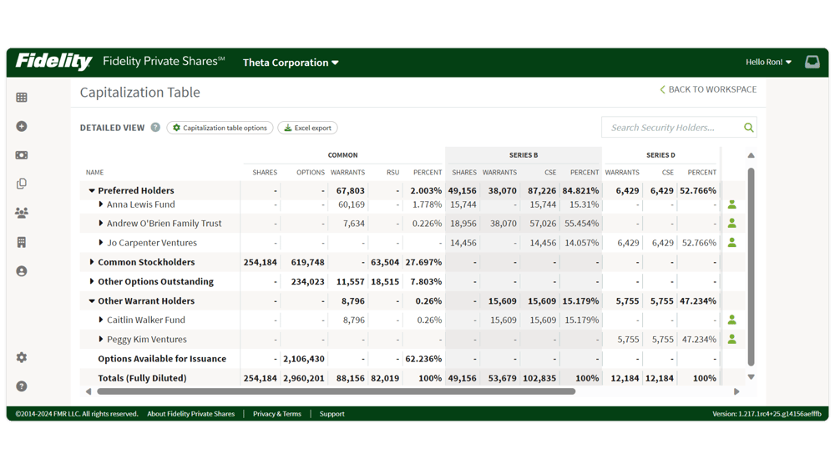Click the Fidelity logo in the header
(x=53, y=62)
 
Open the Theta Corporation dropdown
(x=291, y=63)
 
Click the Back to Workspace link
(x=708, y=89)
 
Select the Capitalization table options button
(x=220, y=128)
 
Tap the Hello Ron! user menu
(x=768, y=63)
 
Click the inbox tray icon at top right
(x=812, y=63)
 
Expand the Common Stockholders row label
(x=146, y=262)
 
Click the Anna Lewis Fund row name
(x=140, y=204)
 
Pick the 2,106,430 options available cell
(x=303, y=359)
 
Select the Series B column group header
(x=524, y=155)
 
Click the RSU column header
(x=392, y=173)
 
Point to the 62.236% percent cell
(x=423, y=359)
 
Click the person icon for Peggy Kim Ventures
(x=731, y=340)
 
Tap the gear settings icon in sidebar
(x=22, y=357)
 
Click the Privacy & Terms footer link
(x=276, y=414)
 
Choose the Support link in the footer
(x=331, y=414)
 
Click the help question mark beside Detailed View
(x=155, y=128)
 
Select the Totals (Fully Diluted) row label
(x=142, y=378)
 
